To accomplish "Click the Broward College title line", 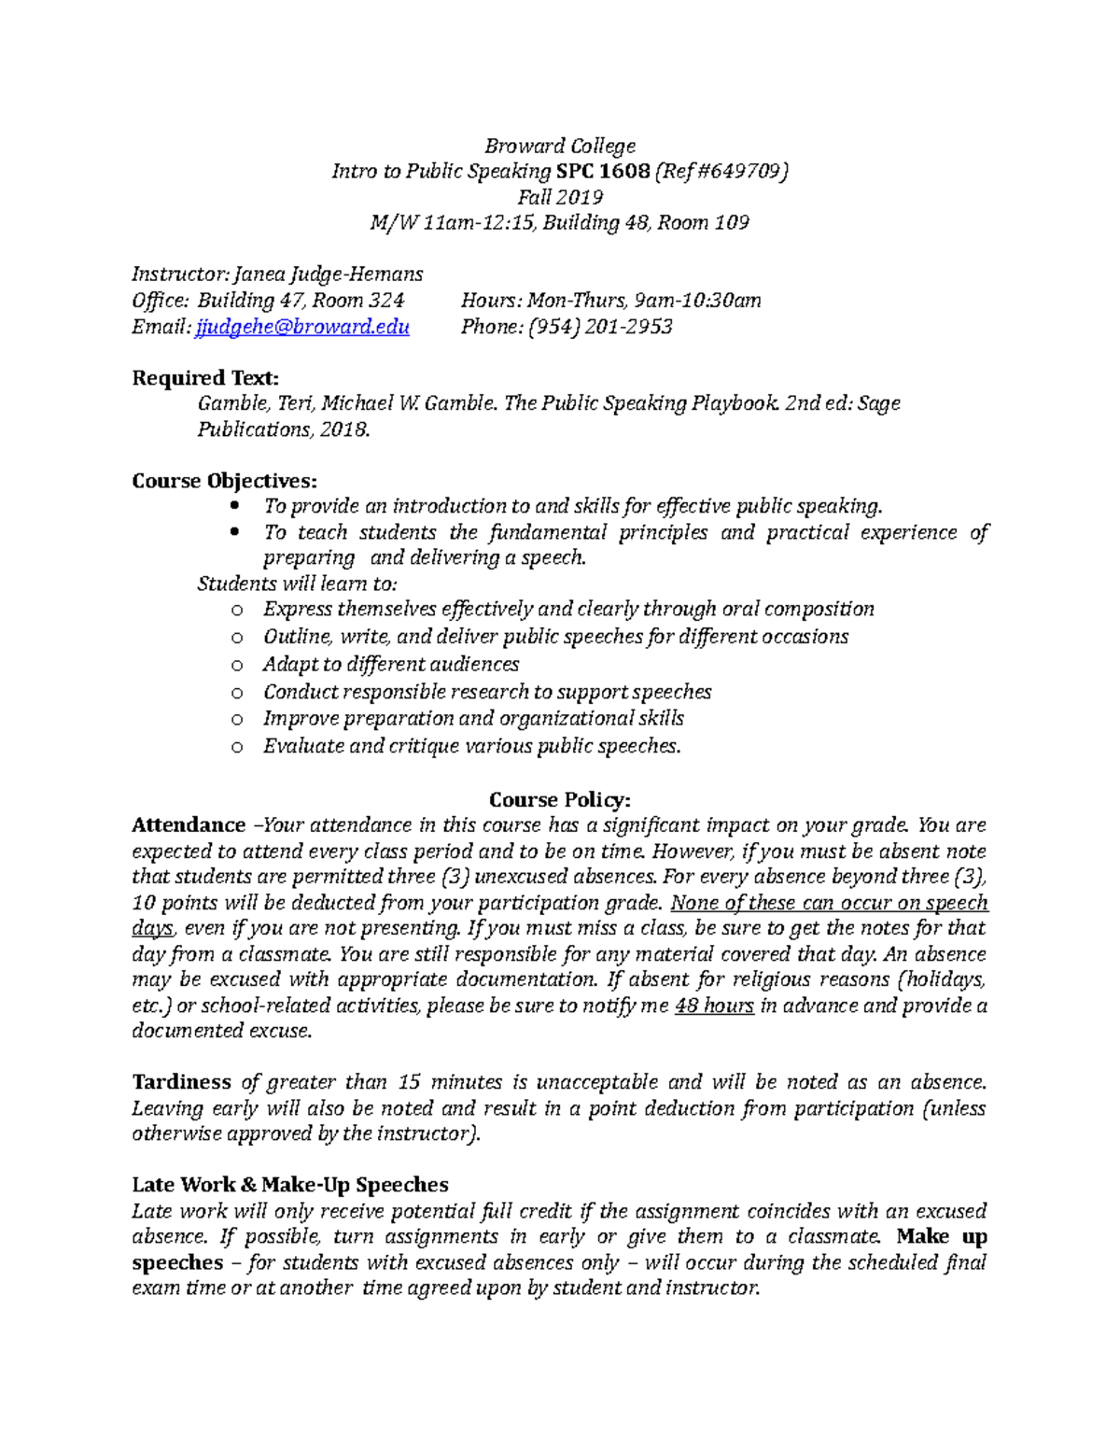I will [560, 146].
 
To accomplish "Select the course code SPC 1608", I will [605, 171].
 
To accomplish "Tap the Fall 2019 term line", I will [560, 197].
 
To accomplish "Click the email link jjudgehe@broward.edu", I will [301, 327].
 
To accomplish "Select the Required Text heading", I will [205, 378].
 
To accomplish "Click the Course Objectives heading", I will [224, 481].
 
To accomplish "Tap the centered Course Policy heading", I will [560, 800].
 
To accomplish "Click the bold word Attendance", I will [189, 825].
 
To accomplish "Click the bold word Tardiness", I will [181, 1082].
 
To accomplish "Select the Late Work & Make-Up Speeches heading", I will [289, 1185].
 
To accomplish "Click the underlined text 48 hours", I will [713, 1006].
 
